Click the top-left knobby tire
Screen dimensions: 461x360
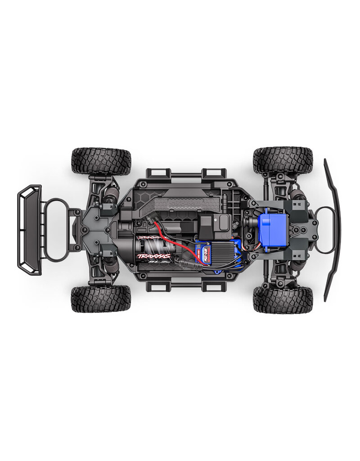101,161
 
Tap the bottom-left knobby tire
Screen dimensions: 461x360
101,298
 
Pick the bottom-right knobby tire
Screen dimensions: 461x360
283,298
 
